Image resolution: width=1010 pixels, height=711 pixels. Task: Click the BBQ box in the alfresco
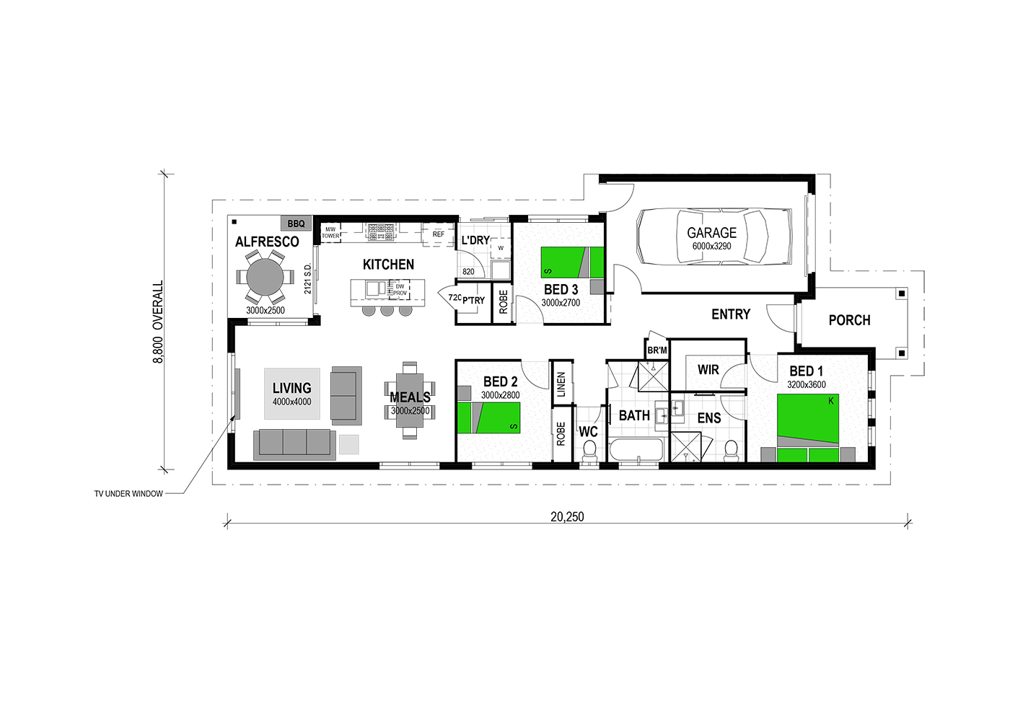pos(297,224)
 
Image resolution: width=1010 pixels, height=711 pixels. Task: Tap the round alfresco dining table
pos(265,277)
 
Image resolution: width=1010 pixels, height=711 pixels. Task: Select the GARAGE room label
pos(711,232)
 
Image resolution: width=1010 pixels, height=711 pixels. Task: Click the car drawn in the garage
pos(714,236)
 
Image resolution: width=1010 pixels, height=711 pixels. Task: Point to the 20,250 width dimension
pos(567,516)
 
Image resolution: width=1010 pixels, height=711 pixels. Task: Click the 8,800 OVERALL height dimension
pos(158,322)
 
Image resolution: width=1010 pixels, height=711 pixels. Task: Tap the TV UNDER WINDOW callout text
pos(128,494)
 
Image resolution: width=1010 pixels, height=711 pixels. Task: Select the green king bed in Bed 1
pos(807,428)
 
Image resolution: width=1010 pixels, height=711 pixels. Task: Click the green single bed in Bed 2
pos(489,418)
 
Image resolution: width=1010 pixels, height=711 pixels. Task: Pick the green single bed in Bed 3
pos(573,262)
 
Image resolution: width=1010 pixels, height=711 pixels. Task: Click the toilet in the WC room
pos(589,451)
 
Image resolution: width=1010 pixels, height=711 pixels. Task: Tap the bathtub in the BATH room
pos(636,449)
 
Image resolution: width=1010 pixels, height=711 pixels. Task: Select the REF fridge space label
pos(439,234)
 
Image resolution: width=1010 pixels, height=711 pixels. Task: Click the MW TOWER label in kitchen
pos(330,232)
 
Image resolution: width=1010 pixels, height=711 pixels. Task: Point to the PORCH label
pos(850,320)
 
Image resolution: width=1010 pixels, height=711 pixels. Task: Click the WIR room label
pos(708,370)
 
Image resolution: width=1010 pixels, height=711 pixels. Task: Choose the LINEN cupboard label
pos(561,384)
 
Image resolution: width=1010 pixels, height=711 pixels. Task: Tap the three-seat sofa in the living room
pos(294,445)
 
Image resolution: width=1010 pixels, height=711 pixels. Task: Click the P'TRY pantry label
pos(473,301)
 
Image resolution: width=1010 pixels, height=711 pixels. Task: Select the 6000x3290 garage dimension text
pos(711,247)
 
